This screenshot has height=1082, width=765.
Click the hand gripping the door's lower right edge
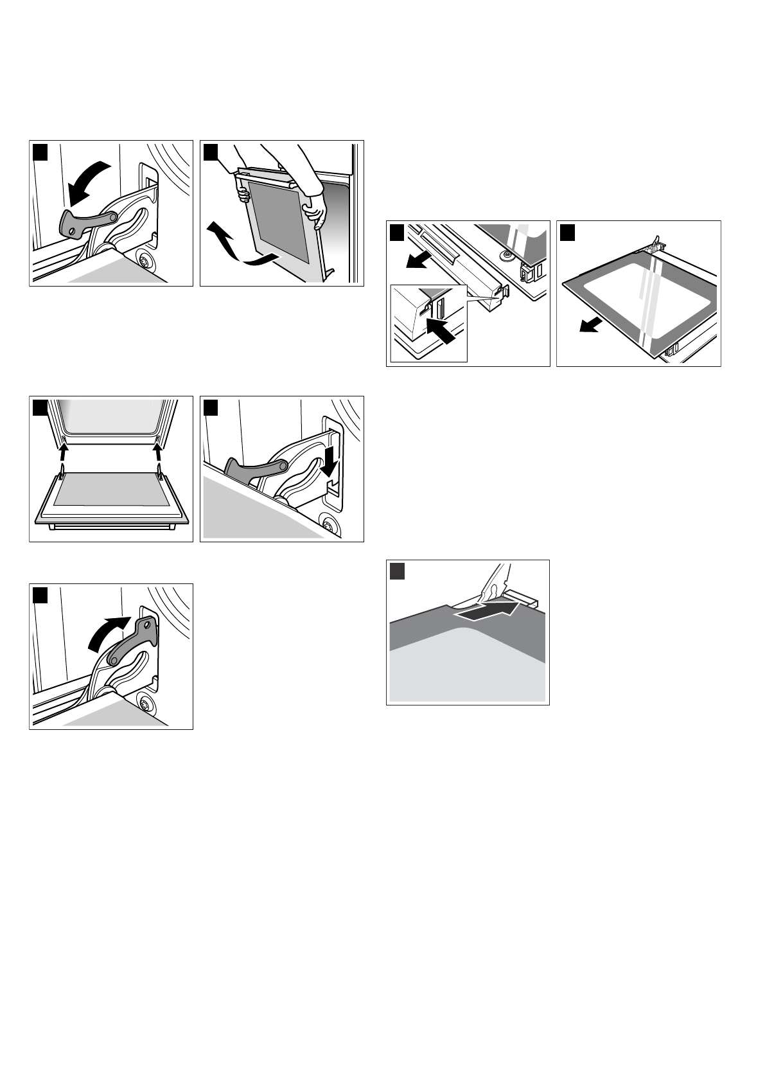pyautogui.click(x=315, y=211)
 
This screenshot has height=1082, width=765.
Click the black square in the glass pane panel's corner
pyautogui.click(x=567, y=231)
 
